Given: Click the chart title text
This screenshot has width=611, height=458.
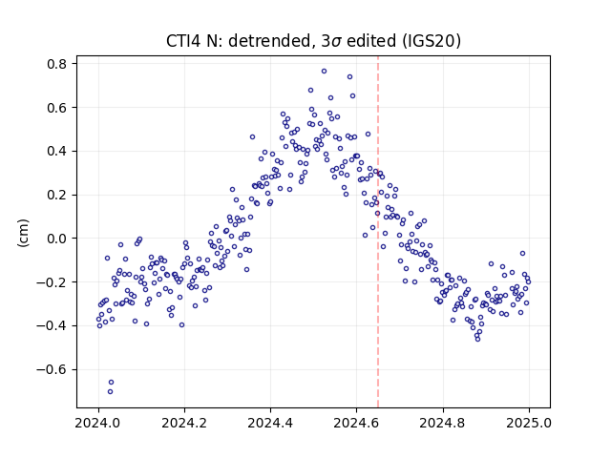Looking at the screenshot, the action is coord(313,41).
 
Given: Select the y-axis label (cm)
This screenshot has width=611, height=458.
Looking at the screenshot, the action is coord(23,233).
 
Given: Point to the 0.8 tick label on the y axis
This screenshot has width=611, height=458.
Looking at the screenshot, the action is coord(57,64).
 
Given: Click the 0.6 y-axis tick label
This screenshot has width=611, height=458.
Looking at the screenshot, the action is coord(57,108).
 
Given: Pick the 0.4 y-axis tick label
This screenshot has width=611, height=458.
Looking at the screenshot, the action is coord(57,151).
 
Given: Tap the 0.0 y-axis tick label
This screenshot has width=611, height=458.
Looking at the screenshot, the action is coord(57,239).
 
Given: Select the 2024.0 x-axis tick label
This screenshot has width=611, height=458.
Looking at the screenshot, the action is coord(98,423).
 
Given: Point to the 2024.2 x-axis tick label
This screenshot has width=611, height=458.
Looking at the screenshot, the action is coord(184,423).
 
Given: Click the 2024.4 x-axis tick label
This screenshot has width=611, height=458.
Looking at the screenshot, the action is coord(270,423).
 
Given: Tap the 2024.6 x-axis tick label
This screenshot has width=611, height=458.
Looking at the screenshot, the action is coord(356,423).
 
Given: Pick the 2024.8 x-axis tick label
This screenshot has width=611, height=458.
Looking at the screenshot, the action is coord(443,423).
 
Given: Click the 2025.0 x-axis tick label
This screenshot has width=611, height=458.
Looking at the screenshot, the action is coord(529,423).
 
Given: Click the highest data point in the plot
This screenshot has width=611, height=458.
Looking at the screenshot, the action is coord(324,72).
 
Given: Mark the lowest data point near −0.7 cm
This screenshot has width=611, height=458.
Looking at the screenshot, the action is coord(111,391).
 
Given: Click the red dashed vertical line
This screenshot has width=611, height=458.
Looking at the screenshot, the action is coord(378,232).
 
